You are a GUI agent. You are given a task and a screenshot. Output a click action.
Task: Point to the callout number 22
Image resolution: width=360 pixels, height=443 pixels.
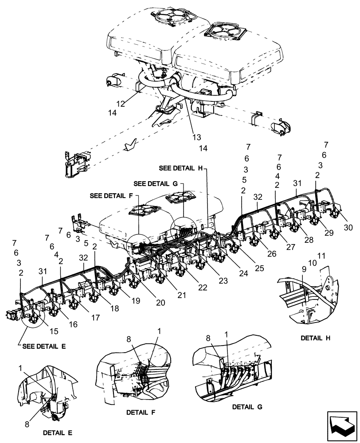click(203, 288)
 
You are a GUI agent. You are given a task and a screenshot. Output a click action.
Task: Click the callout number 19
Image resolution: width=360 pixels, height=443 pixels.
click(135, 300)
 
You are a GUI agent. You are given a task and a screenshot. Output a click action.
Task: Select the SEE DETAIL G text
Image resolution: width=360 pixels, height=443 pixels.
click(155, 183)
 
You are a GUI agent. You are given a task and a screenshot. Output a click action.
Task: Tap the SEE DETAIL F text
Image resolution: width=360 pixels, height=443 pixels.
click(113, 195)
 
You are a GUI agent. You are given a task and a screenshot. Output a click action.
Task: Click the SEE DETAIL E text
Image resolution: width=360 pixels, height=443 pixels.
click(43, 346)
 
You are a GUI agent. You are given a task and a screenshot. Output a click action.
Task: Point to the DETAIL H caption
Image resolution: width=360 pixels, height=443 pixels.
click(317, 338)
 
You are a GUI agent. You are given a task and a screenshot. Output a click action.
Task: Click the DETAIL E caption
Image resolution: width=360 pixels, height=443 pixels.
click(58, 432)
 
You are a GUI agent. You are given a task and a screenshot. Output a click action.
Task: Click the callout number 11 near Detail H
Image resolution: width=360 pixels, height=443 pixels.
click(321, 256)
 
